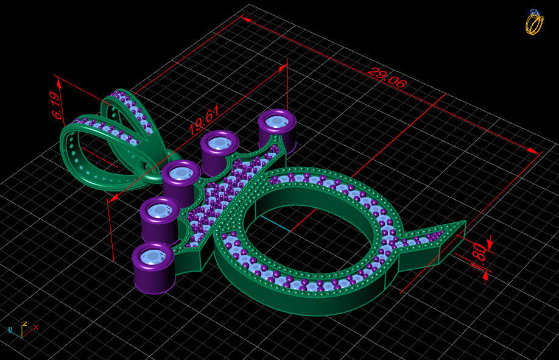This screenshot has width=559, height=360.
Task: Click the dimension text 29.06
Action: (386, 78)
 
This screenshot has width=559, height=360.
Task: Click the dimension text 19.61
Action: (203, 120)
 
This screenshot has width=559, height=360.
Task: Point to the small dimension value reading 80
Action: (480, 252)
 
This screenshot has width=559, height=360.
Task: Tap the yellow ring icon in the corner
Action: (534, 22)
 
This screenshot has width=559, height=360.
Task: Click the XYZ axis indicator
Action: (23, 329)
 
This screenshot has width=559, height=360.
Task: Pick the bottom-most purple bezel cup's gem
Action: (152, 256)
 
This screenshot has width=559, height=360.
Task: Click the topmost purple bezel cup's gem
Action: (277, 121)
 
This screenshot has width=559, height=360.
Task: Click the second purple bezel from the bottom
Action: (160, 211)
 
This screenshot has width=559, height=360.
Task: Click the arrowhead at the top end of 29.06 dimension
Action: (246, 19)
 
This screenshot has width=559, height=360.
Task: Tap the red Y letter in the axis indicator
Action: (35, 327)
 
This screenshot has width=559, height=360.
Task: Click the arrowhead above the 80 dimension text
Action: (490, 244)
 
